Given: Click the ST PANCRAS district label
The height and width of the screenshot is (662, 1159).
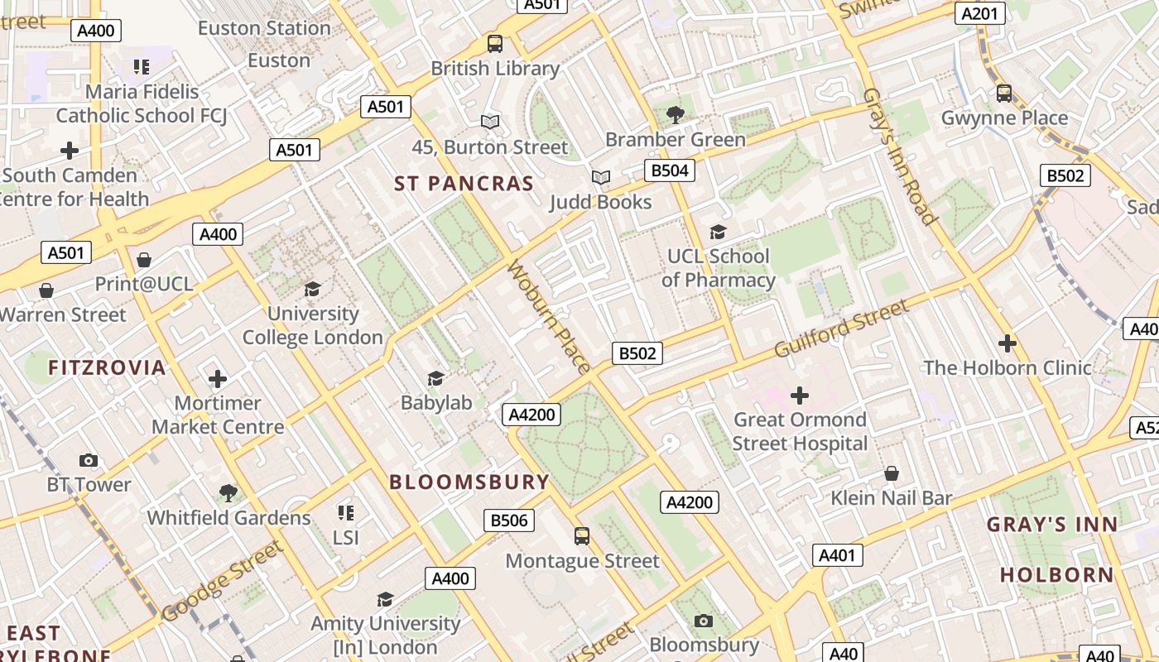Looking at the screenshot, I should [x=464, y=184].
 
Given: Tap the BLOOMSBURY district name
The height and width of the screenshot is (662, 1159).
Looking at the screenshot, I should [x=469, y=482].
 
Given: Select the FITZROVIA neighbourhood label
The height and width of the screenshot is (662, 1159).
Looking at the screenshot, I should [x=107, y=367].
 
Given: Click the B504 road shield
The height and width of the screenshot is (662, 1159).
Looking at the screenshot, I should [x=669, y=171].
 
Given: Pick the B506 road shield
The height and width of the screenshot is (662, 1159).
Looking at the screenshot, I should [x=509, y=520].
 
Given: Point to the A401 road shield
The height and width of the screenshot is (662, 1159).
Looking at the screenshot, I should [x=837, y=555].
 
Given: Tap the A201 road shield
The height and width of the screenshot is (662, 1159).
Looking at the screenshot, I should [x=979, y=13].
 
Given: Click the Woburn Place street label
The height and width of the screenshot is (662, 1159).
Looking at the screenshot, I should [x=549, y=317].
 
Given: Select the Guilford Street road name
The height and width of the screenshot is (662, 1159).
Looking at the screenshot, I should [x=841, y=329].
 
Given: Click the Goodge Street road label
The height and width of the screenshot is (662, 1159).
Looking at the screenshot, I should [x=222, y=581].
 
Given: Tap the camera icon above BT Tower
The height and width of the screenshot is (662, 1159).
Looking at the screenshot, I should [x=88, y=460].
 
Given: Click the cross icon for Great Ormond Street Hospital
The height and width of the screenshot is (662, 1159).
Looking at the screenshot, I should [x=800, y=396].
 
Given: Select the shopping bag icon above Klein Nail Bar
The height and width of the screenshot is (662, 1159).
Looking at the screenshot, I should [x=892, y=473].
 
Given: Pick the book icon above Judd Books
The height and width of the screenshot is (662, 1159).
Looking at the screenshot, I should [x=601, y=177].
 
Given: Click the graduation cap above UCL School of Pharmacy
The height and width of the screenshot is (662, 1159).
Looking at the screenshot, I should [x=718, y=233].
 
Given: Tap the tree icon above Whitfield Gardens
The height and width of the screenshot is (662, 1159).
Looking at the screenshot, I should [x=228, y=493].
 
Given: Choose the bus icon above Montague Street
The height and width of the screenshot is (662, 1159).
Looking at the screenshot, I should [x=582, y=536].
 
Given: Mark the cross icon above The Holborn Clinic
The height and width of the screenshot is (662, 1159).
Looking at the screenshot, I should [x=1007, y=343].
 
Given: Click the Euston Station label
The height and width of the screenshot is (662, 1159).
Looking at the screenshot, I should [x=264, y=28].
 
